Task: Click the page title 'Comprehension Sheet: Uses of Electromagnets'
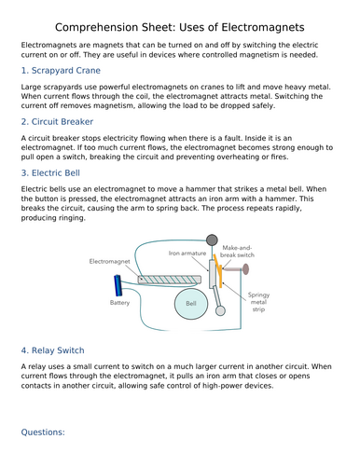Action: [180, 27]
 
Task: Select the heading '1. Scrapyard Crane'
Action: [61, 71]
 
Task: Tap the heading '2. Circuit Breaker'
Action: [57, 122]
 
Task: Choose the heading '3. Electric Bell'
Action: [50, 173]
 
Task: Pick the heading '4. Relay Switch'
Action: [52, 350]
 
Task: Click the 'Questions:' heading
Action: [43, 432]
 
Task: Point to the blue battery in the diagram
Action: [118, 285]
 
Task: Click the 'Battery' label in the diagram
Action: [119, 303]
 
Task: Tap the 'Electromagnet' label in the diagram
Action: [109, 261]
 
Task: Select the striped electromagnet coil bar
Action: [170, 280]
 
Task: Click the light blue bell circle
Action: [191, 304]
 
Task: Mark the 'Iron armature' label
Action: [187, 254]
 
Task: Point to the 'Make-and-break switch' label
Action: [237, 252]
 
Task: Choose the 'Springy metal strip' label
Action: [258, 302]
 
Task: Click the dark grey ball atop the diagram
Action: [212, 240]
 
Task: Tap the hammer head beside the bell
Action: [220, 310]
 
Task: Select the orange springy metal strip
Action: [218, 271]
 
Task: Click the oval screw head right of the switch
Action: [245, 269]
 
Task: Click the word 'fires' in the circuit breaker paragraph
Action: [279, 158]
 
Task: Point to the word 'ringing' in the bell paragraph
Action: [74, 218]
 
